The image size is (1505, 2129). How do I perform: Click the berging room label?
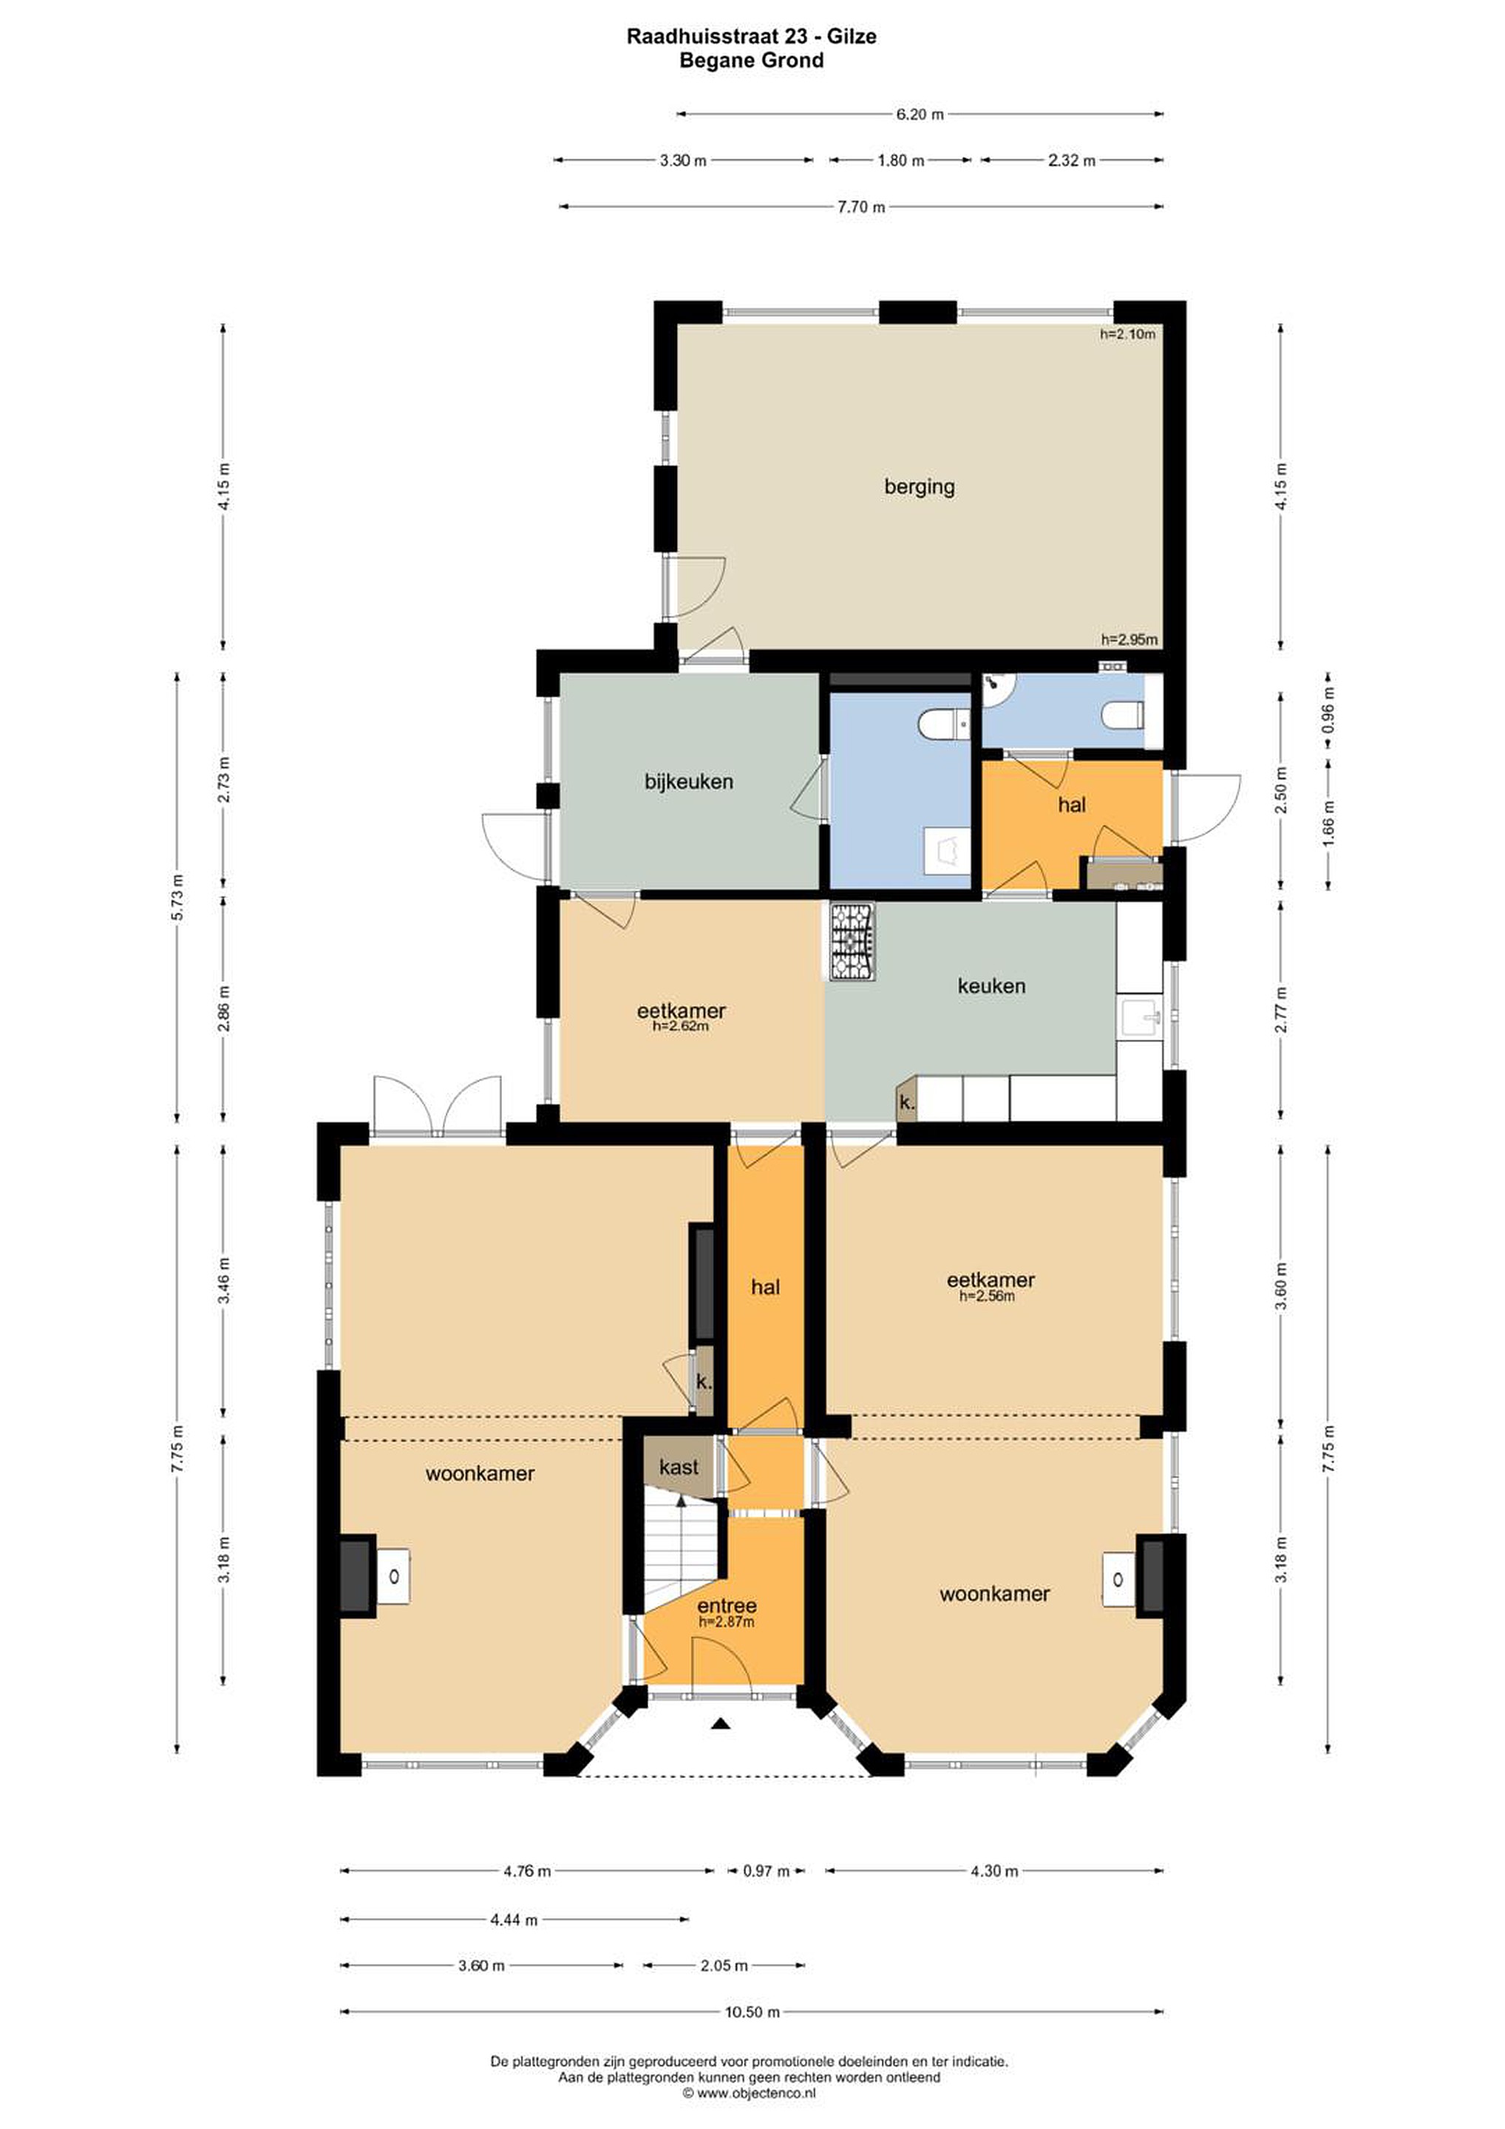(919, 487)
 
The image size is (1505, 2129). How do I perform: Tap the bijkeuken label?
(689, 781)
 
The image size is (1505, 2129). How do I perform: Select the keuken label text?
(991, 985)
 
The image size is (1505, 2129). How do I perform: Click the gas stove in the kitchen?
(852, 941)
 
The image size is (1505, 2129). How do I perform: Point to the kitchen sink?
(1140, 1018)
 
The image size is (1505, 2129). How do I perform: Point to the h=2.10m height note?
(1127, 334)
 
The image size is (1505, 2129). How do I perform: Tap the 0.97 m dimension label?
(767, 1871)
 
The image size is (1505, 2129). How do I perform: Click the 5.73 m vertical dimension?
(177, 897)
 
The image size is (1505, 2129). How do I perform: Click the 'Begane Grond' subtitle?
(751, 61)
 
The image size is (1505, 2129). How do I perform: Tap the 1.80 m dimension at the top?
(900, 160)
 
